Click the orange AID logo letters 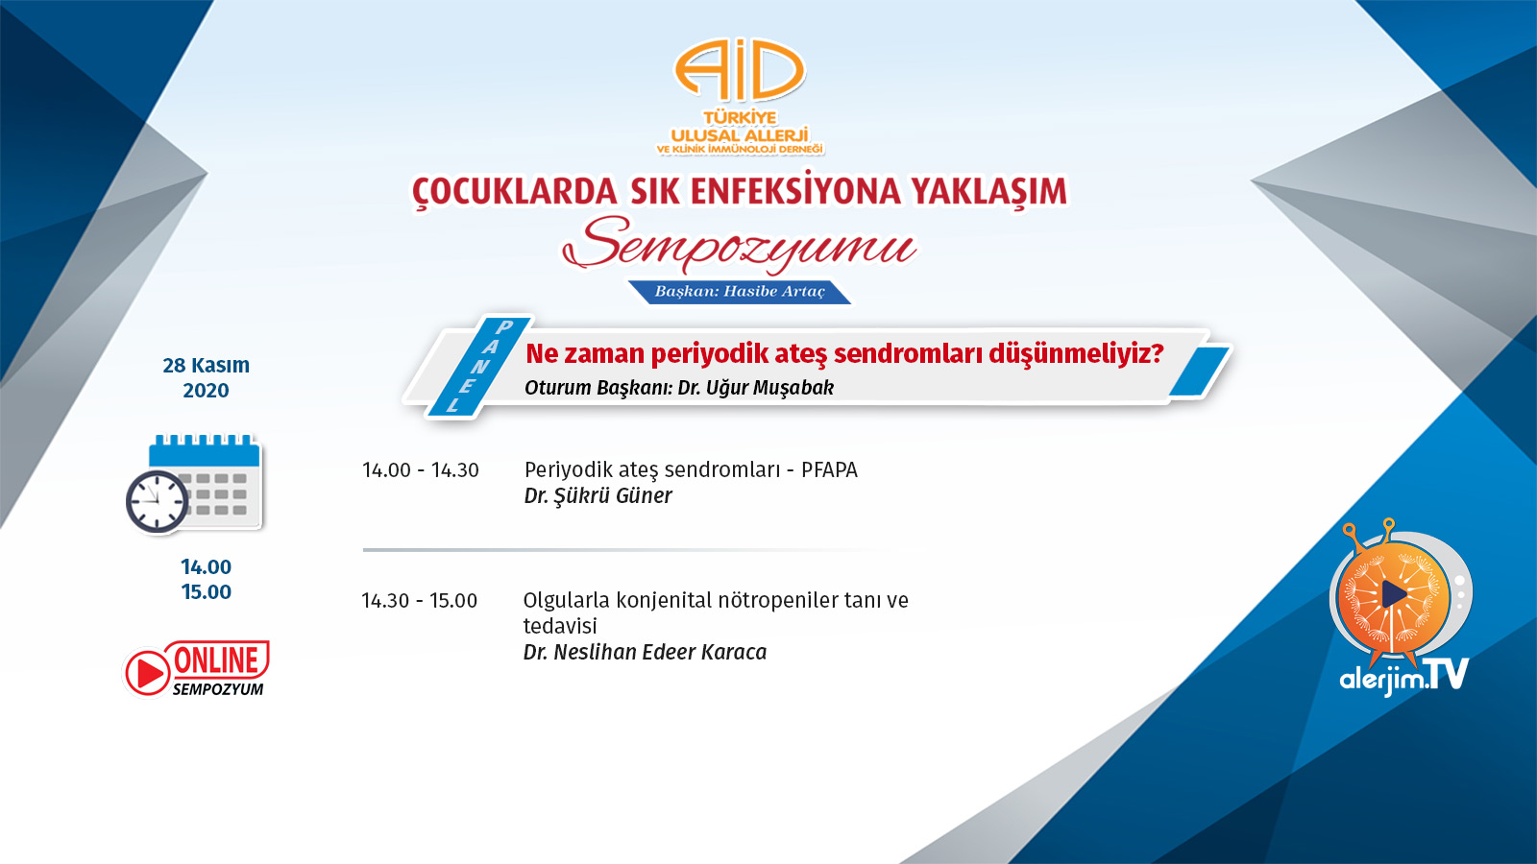pyautogui.click(x=740, y=70)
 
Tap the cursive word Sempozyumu pyautogui.click(x=739, y=246)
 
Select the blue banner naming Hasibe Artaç pyautogui.click(x=740, y=292)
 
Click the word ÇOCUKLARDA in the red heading pyautogui.click(x=515, y=191)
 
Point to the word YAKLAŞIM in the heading pyautogui.click(x=989, y=191)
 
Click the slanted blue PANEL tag pyautogui.click(x=479, y=366)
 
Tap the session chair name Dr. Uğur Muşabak pyautogui.click(x=755, y=388)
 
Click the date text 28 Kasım pyautogui.click(x=206, y=366)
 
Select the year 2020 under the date pyautogui.click(x=206, y=390)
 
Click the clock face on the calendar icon pyautogui.click(x=158, y=501)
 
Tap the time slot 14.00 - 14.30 pyautogui.click(x=421, y=470)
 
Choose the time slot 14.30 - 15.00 pyautogui.click(x=419, y=601)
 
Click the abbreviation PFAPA pyautogui.click(x=830, y=469)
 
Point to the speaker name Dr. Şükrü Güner pyautogui.click(x=598, y=495)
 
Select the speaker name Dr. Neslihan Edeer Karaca pyautogui.click(x=645, y=652)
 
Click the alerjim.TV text pyautogui.click(x=1403, y=675)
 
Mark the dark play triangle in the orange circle pyautogui.click(x=1393, y=594)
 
